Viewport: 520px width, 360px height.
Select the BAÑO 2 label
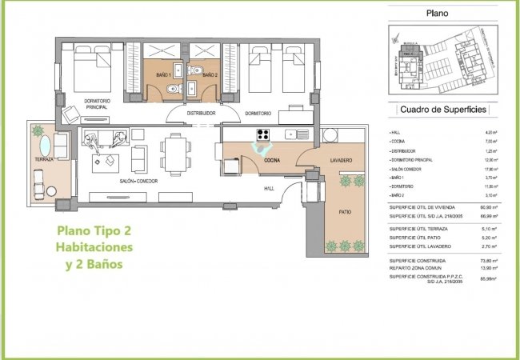click(209, 75)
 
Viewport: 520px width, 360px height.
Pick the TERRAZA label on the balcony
click(45, 160)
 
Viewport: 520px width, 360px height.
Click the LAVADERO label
click(341, 161)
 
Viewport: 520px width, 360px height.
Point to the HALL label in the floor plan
click(270, 189)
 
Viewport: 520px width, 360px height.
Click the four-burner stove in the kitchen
click(263, 133)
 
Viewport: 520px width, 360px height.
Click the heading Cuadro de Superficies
click(441, 110)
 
